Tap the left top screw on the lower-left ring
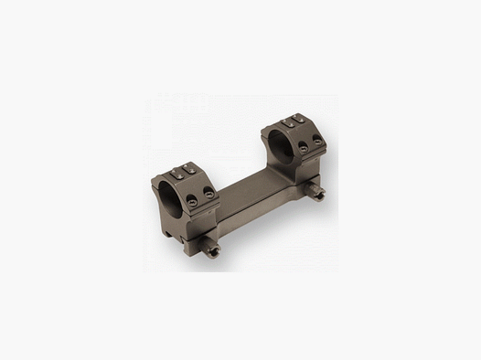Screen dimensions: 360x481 (176, 171)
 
